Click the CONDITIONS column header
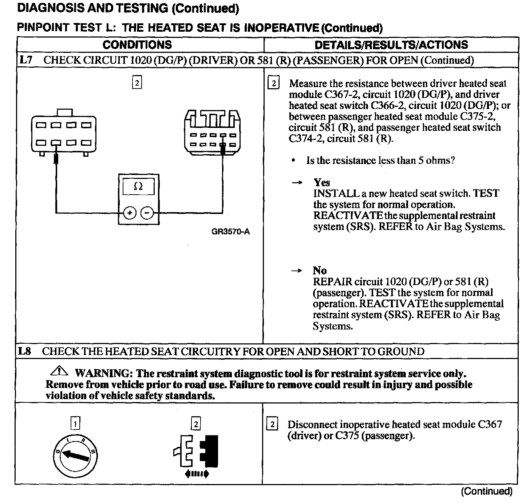point(137,44)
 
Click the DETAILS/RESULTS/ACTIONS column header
point(391,44)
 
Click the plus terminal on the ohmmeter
point(130,212)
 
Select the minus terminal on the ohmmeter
point(147,212)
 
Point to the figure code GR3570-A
point(230,231)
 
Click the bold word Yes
point(321,182)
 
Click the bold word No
point(319,270)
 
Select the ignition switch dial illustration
point(75,453)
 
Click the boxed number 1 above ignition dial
point(75,424)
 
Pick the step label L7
point(25,60)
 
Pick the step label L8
point(25,351)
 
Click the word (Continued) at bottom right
point(486,491)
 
